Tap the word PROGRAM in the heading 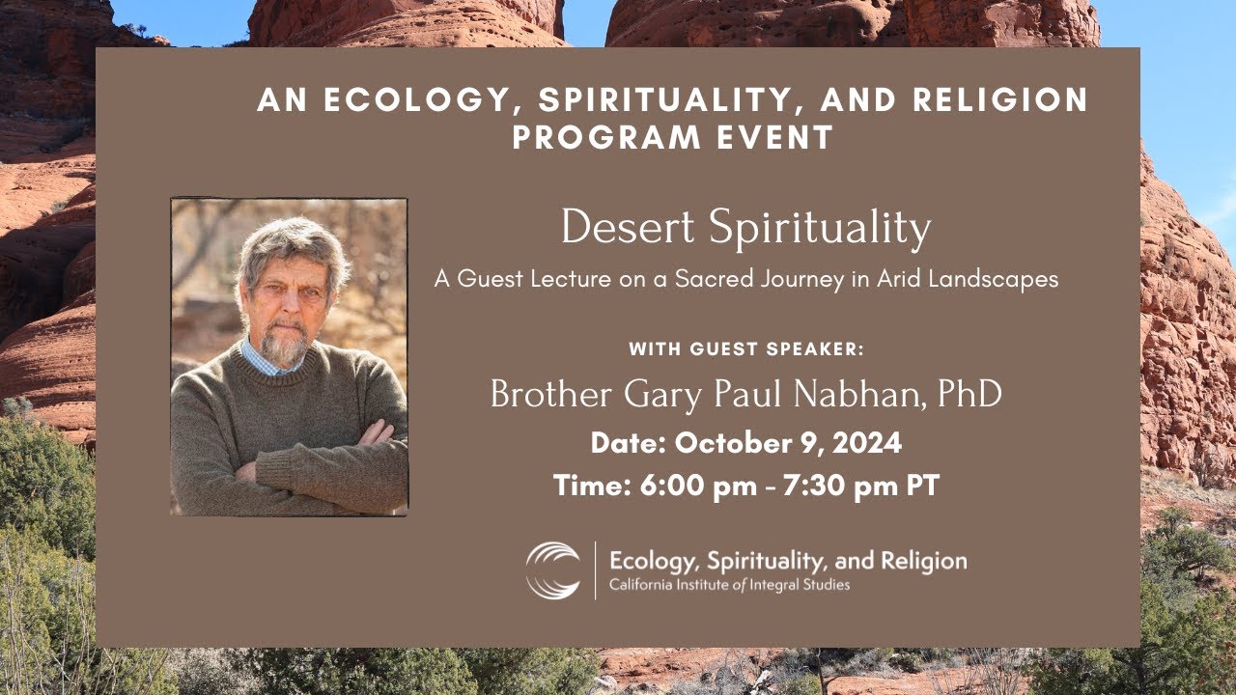point(596,137)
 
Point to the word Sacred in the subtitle point(721,280)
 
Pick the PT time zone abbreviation point(921,486)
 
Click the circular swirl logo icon point(553,570)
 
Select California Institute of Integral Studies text point(729,585)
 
